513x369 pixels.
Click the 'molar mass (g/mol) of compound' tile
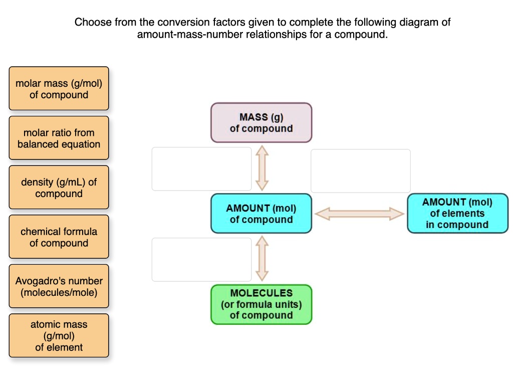(x=59, y=89)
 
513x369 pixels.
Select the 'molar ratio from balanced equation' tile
(x=59, y=138)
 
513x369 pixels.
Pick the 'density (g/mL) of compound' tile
(x=59, y=188)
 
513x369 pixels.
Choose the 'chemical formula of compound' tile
(x=59, y=237)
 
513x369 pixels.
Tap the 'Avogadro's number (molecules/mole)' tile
(x=59, y=286)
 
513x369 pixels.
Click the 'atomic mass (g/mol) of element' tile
(x=59, y=335)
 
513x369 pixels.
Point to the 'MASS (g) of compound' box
(x=261, y=123)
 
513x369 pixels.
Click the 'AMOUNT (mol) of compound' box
(x=261, y=214)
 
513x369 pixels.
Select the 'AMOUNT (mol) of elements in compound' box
(x=457, y=214)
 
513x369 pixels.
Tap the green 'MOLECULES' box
(x=261, y=304)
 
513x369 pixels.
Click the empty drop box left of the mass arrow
(x=201, y=169)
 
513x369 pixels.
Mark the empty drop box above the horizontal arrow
(x=360, y=171)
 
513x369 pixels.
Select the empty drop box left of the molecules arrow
(x=201, y=259)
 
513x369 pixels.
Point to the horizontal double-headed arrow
(x=359, y=214)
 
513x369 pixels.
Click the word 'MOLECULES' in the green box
(x=261, y=293)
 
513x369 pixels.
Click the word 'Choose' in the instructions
(x=93, y=23)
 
